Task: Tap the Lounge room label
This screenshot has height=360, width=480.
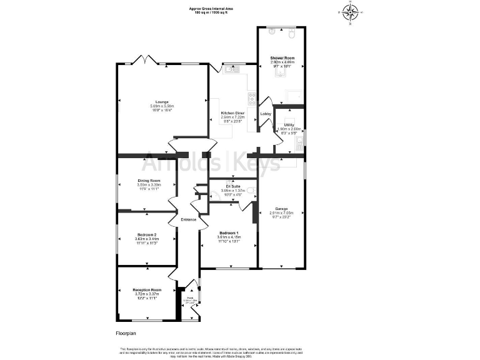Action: click(162, 101)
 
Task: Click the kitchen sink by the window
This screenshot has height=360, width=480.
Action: click(228, 69)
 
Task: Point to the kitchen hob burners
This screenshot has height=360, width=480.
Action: click(252, 97)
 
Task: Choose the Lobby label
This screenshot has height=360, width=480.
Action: click(265, 114)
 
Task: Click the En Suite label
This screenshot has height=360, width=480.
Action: click(231, 187)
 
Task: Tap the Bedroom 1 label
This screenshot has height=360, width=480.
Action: click(228, 232)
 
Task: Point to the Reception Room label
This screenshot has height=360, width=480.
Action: click(147, 290)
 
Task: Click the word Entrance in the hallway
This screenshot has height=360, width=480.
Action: click(189, 219)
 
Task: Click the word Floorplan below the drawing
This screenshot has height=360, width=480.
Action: click(126, 334)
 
